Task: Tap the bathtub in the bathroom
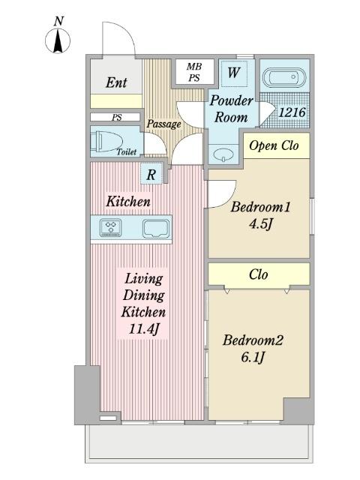284,76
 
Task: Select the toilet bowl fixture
106,141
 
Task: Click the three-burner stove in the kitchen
110,228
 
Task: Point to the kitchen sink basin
156,228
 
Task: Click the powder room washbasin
223,155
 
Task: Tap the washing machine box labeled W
233,73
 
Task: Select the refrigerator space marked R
151,175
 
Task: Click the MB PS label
194,72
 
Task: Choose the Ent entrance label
116,82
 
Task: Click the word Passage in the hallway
163,124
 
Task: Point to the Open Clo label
274,145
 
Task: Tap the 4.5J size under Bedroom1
260,224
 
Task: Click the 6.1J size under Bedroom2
253,357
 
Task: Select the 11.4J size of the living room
144,329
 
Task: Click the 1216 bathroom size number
292,112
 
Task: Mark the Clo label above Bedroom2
258,274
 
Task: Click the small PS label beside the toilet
117,117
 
